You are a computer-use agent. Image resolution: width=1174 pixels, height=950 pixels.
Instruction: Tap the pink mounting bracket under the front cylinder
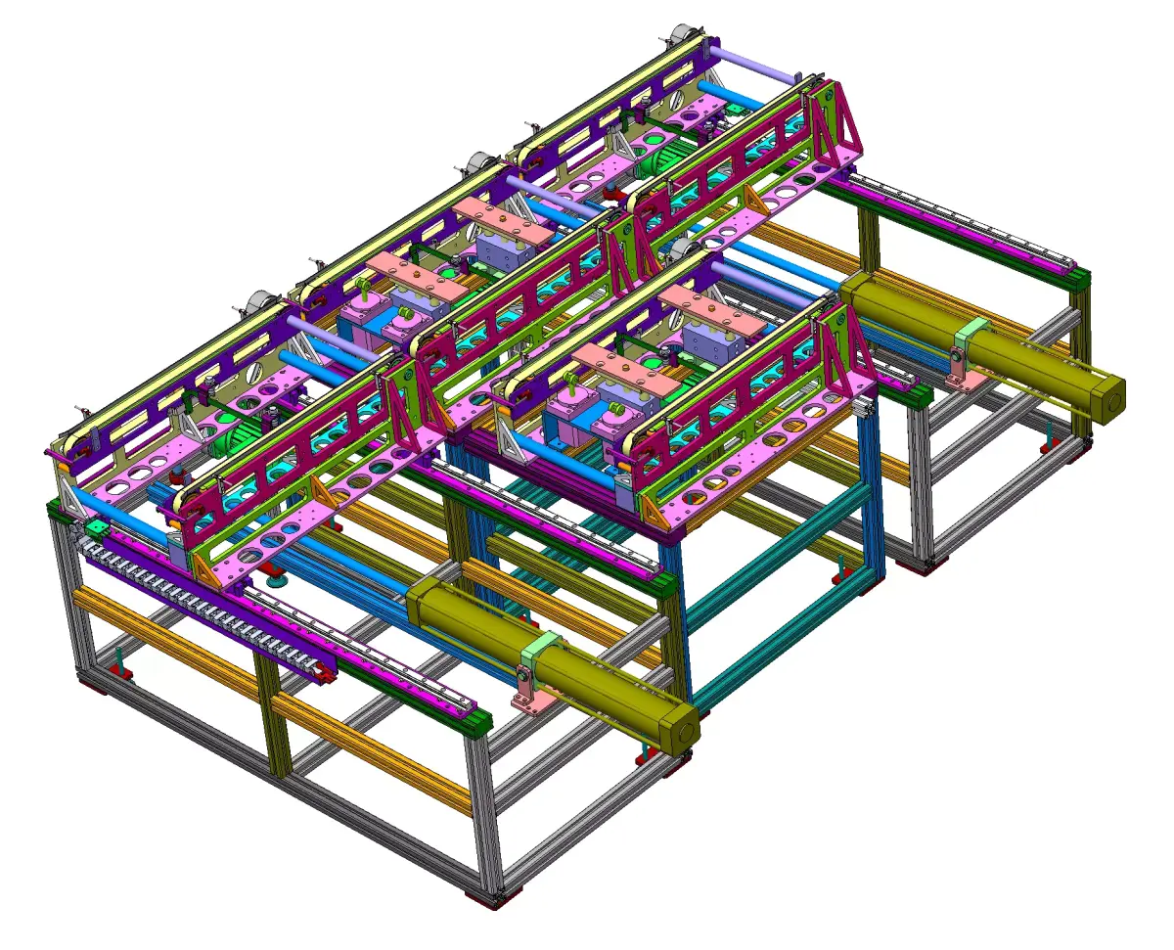click(529, 695)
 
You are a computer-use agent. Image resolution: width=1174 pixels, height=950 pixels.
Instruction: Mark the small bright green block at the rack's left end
click(97, 529)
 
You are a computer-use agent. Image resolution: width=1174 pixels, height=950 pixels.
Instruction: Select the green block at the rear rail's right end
click(1078, 280)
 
